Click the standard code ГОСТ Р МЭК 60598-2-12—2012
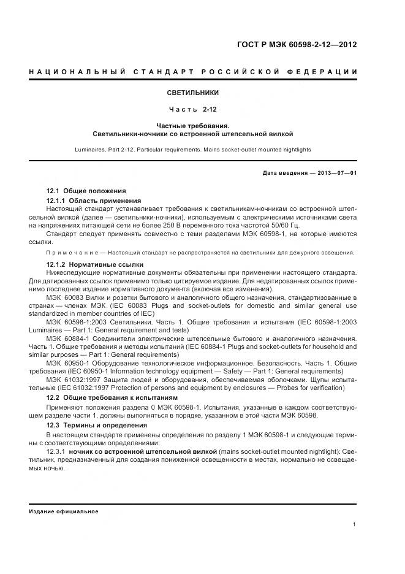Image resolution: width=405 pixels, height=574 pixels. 297,45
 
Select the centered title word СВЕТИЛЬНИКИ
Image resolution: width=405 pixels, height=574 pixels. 193,93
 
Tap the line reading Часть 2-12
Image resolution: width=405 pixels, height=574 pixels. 193,110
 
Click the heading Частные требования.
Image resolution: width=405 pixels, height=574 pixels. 193,126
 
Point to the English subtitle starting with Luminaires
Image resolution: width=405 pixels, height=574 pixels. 193,149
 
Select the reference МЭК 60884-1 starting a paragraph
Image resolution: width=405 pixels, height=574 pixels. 67,339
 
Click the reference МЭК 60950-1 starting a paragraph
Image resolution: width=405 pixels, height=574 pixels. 67,363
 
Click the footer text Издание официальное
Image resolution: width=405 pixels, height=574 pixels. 64,511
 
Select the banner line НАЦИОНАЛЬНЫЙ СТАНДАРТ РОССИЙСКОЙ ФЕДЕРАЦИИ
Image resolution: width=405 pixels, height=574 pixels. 193,72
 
